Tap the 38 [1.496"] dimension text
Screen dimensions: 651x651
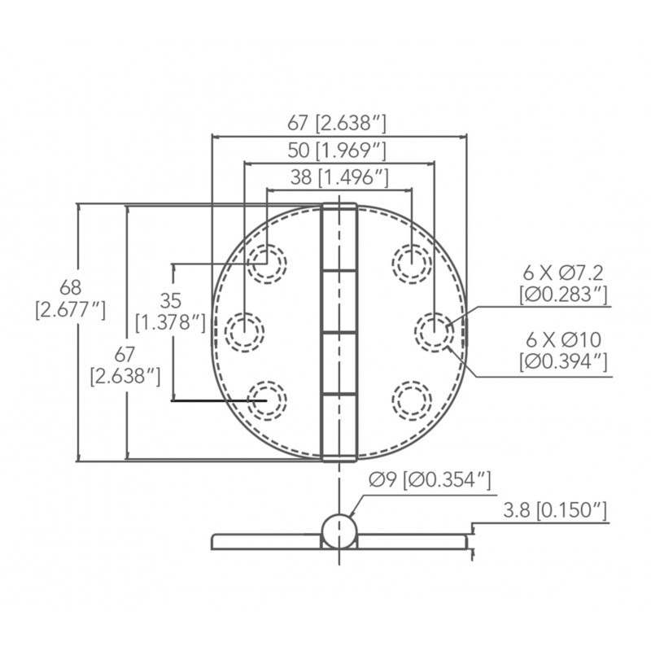click(339, 177)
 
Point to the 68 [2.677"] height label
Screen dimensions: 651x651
click(71, 298)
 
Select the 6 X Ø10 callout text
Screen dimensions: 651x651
click(564, 349)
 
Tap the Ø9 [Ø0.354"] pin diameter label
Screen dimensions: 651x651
click(430, 480)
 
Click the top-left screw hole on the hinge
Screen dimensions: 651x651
click(267, 262)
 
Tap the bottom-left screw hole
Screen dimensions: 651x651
click(267, 400)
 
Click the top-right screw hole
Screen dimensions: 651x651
click(411, 262)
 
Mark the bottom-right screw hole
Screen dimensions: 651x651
click(411, 400)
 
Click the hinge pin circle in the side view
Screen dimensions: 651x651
click(339, 531)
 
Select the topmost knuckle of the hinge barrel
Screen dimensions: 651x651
click(339, 236)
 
